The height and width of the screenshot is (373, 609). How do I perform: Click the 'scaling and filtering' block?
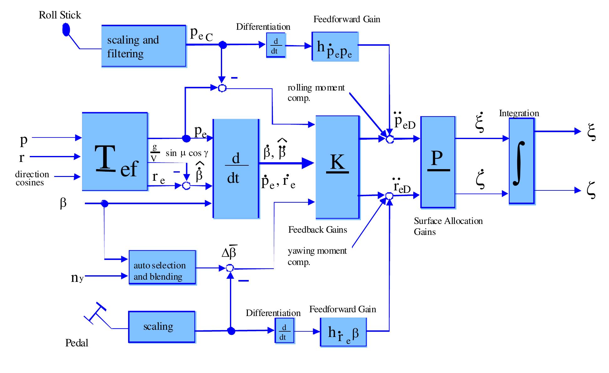click(144, 46)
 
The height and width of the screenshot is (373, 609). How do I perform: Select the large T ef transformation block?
click(115, 152)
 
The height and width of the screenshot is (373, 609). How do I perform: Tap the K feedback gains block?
click(337, 167)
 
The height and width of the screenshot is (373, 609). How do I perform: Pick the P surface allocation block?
click(438, 162)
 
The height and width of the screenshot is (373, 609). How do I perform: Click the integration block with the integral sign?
click(522, 161)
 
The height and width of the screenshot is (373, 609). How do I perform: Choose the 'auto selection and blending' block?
click(162, 267)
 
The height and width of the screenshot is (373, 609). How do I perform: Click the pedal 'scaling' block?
click(162, 327)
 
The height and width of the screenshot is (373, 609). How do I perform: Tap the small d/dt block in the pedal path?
click(284, 331)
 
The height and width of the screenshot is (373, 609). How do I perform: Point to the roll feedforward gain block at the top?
click(335, 46)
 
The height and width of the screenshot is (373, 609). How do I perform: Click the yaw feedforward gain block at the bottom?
click(343, 332)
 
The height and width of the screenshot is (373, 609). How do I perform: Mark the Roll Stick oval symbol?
click(66, 30)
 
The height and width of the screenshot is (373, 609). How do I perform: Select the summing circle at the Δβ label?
click(230, 268)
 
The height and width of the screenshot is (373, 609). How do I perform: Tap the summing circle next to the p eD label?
click(390, 139)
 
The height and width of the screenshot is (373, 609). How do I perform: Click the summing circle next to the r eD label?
click(389, 196)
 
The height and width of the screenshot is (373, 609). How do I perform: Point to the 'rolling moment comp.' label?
click(316, 93)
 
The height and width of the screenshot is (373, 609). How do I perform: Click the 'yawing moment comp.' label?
click(317, 256)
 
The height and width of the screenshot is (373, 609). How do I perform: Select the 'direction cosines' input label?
click(32, 178)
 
